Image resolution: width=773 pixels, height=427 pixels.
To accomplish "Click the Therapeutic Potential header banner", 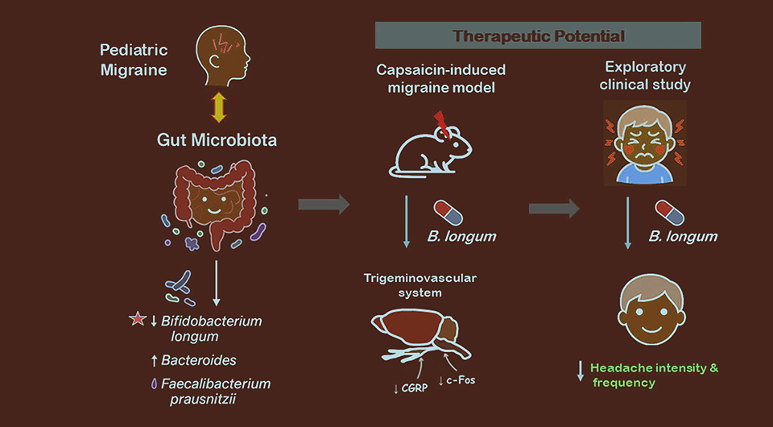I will pos(538,35).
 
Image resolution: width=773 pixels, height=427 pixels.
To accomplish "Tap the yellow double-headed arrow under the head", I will pos(217,106).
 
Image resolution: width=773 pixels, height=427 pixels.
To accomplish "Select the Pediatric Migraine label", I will pos(134,60).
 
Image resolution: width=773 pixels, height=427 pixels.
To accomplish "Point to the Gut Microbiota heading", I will pos(217,140).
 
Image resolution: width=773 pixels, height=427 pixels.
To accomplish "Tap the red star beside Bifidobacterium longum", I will pos(136,321).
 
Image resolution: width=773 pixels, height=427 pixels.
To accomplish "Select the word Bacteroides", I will pos(198,360).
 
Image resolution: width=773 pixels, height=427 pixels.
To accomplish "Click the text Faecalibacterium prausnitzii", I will pos(215,392).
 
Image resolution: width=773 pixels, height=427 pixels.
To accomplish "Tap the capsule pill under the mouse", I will pos(449,213).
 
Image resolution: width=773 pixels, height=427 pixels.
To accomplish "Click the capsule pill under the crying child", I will pos(669,213).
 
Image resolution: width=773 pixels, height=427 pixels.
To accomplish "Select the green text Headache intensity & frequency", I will pos(653,375).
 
